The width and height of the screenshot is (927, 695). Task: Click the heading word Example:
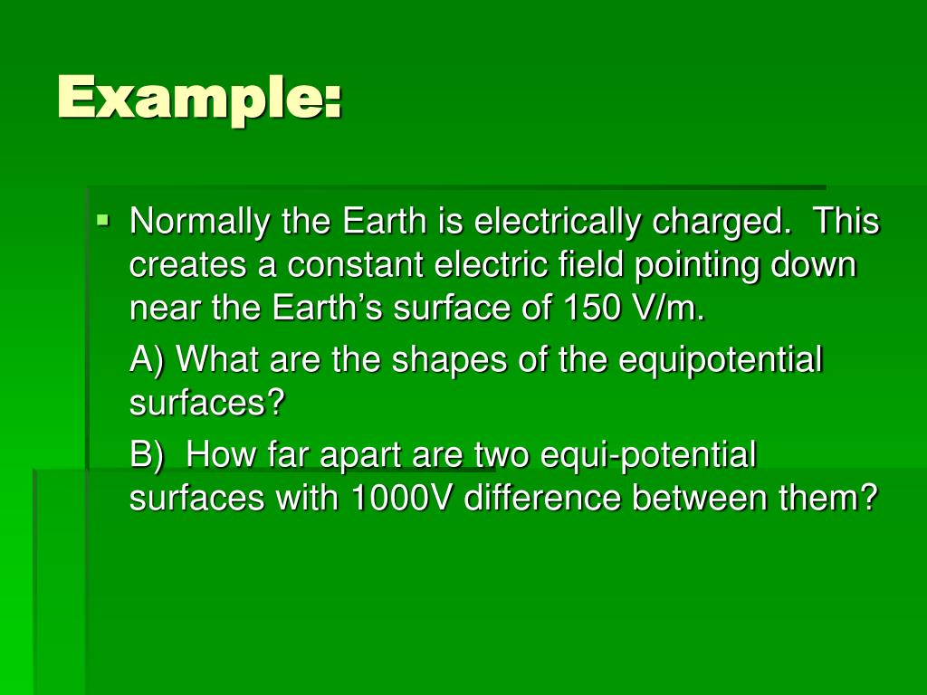pyautogui.click(x=200, y=97)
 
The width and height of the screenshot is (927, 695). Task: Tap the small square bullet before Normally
pyautogui.click(x=104, y=218)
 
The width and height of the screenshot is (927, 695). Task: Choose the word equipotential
pyautogui.click(x=721, y=361)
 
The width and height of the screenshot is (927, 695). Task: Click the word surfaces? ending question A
pyautogui.click(x=207, y=404)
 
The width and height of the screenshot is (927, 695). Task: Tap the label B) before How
pyautogui.click(x=148, y=454)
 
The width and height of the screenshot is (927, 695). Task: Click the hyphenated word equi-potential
pyautogui.click(x=648, y=454)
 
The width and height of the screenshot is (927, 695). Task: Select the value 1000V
pyautogui.click(x=402, y=498)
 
